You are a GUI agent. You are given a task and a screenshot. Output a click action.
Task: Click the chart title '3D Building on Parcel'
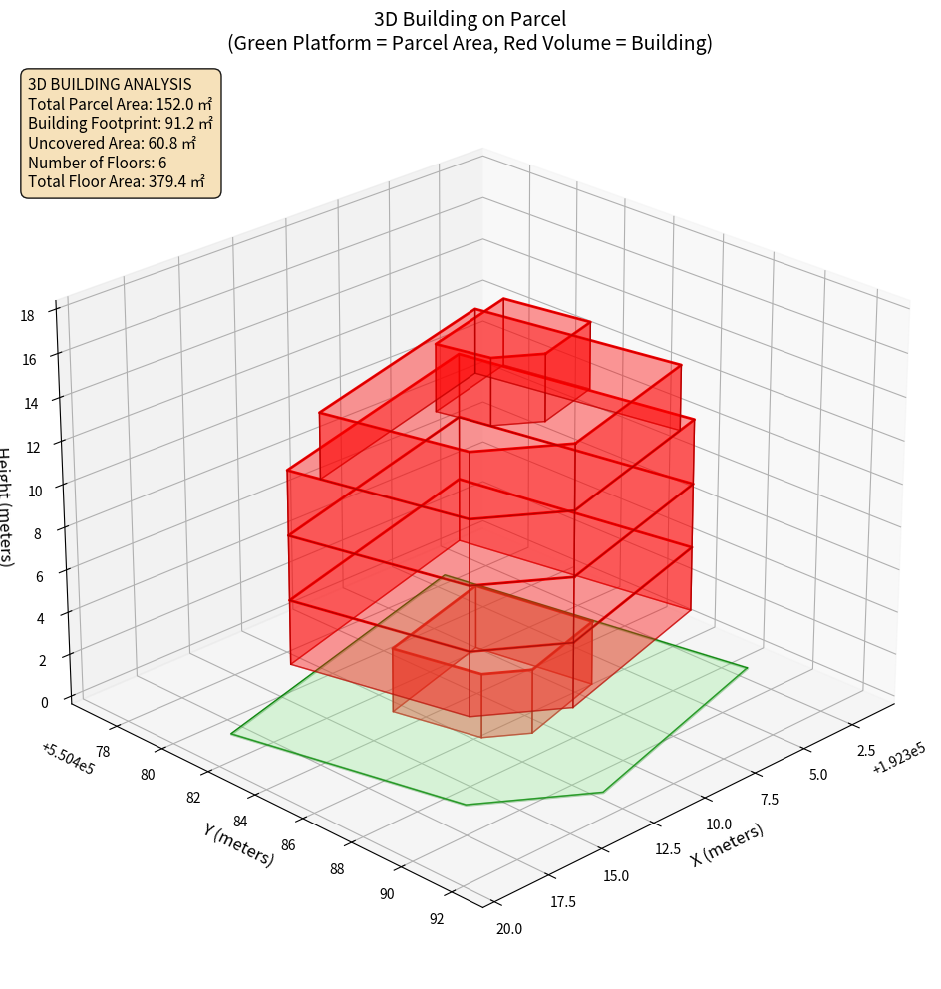pos(470,19)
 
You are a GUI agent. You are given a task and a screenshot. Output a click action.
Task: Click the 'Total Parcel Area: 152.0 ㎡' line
pos(120,104)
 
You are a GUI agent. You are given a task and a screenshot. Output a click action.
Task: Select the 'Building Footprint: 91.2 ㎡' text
pos(120,124)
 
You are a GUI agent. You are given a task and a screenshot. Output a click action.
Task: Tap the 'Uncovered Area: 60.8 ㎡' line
pos(112,144)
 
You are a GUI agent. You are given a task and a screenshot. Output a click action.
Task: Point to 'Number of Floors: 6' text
pos(98,163)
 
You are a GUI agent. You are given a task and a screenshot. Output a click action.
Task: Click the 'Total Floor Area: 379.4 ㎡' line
pos(117,182)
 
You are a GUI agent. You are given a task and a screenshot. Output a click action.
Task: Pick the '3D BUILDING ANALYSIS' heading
pos(110,84)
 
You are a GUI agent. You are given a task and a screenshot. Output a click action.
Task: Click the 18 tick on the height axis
pos(27,316)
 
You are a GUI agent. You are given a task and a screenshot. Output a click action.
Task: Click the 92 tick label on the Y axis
pos(437,918)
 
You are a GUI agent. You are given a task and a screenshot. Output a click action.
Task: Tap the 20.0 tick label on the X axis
pos(508,929)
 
